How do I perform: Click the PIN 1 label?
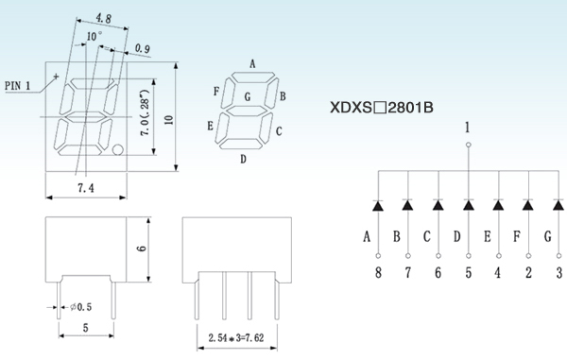click(x=18, y=86)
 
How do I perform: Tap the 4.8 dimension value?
click(x=103, y=18)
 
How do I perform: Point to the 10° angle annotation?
click(x=94, y=36)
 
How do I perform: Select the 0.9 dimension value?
click(x=143, y=48)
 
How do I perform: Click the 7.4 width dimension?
click(x=86, y=188)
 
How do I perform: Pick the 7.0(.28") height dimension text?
click(x=145, y=112)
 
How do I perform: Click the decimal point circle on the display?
click(x=118, y=149)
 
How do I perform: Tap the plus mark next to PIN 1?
click(x=56, y=77)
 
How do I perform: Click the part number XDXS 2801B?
click(x=382, y=108)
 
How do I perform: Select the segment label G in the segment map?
click(x=248, y=96)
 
